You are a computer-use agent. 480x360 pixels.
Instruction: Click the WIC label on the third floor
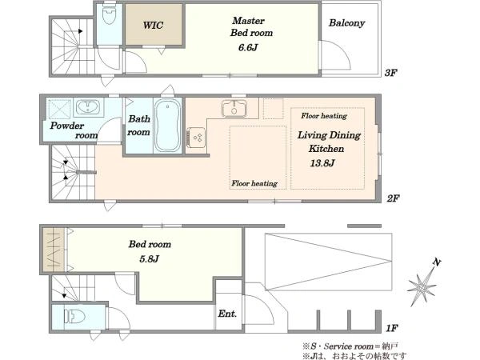[153, 25]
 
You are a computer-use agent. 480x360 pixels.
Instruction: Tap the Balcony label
[347, 23]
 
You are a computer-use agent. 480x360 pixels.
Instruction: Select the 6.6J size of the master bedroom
[248, 47]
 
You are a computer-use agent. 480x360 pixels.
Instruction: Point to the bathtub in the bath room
[167, 126]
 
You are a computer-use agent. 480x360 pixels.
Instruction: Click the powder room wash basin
[88, 107]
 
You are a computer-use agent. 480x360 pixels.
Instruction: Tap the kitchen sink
[234, 108]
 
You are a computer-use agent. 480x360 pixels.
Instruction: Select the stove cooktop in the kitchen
[196, 138]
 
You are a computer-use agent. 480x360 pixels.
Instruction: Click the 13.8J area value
[322, 163]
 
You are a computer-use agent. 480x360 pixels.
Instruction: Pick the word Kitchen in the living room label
[326, 149]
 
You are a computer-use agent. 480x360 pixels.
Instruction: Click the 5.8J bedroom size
[149, 259]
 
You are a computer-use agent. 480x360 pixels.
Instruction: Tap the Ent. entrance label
[227, 314]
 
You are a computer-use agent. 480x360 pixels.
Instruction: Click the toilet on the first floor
[74, 316]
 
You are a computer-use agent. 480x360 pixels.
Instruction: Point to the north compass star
[422, 287]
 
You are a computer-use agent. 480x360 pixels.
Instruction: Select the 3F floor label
[390, 73]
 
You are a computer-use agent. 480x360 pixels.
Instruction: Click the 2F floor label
[393, 198]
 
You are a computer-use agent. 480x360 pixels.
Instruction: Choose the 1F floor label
[391, 329]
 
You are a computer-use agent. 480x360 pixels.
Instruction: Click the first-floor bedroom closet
[54, 250]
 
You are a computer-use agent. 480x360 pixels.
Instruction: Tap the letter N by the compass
[437, 262]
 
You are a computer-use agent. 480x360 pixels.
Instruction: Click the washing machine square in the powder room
[59, 109]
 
